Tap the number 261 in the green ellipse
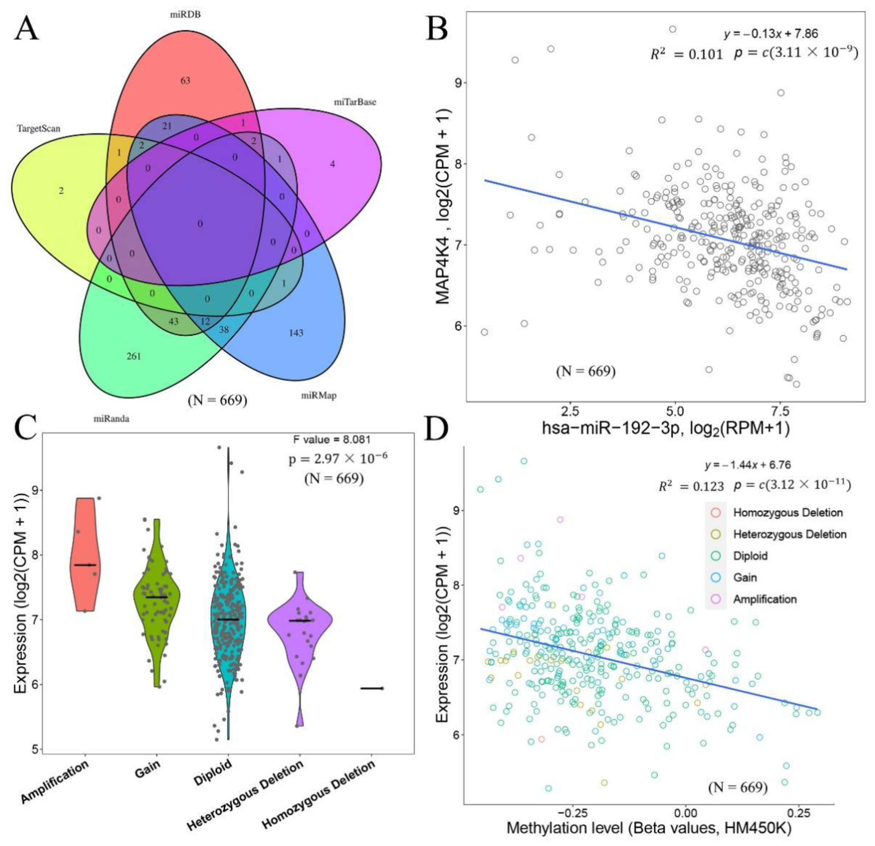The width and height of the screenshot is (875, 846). click(x=133, y=356)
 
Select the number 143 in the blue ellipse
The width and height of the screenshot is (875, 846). click(x=296, y=333)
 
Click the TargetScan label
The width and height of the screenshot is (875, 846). click(x=38, y=129)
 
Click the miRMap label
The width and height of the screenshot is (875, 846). click(x=319, y=395)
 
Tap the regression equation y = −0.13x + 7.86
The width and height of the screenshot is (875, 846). click(x=770, y=33)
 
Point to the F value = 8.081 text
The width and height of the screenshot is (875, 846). click(x=332, y=439)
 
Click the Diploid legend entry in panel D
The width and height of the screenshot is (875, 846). click(x=750, y=556)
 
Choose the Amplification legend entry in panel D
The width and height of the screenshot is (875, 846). click(x=765, y=599)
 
